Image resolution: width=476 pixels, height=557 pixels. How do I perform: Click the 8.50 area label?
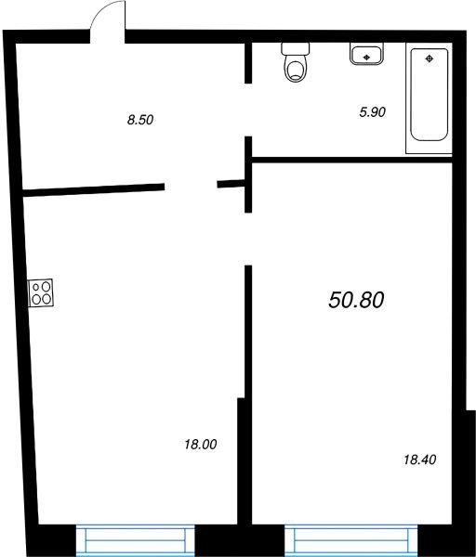tap(140, 120)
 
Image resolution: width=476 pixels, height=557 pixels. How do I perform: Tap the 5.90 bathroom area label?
tap(373, 112)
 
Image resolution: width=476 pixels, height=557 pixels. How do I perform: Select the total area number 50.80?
tap(356, 300)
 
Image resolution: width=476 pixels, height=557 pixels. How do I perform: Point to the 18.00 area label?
tap(201, 444)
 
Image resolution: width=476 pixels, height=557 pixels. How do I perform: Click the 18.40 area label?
tap(420, 460)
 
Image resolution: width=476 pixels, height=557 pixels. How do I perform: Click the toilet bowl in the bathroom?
tap(296, 69)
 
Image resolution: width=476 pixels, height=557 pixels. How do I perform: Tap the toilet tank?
tap(296, 49)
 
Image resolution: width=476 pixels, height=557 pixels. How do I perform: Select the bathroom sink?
tap(366, 54)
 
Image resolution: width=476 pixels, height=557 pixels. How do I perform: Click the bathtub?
tap(429, 95)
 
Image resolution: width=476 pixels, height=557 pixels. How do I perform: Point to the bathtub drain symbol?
tap(430, 59)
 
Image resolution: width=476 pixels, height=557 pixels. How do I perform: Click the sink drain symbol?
tap(366, 57)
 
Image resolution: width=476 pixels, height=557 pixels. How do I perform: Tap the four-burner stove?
tap(41, 292)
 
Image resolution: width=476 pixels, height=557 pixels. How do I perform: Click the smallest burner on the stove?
tap(36, 287)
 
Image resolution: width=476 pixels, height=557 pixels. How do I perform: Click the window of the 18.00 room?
tap(135, 540)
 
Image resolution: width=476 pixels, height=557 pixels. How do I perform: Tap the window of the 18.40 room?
tap(351, 540)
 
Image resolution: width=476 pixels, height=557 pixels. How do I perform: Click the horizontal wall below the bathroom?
tap(351, 160)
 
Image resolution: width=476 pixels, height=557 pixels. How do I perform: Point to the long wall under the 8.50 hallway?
tap(94, 189)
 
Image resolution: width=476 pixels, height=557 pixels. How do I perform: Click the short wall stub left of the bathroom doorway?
tap(231, 184)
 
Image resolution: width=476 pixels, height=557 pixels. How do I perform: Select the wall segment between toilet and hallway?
tap(248, 63)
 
